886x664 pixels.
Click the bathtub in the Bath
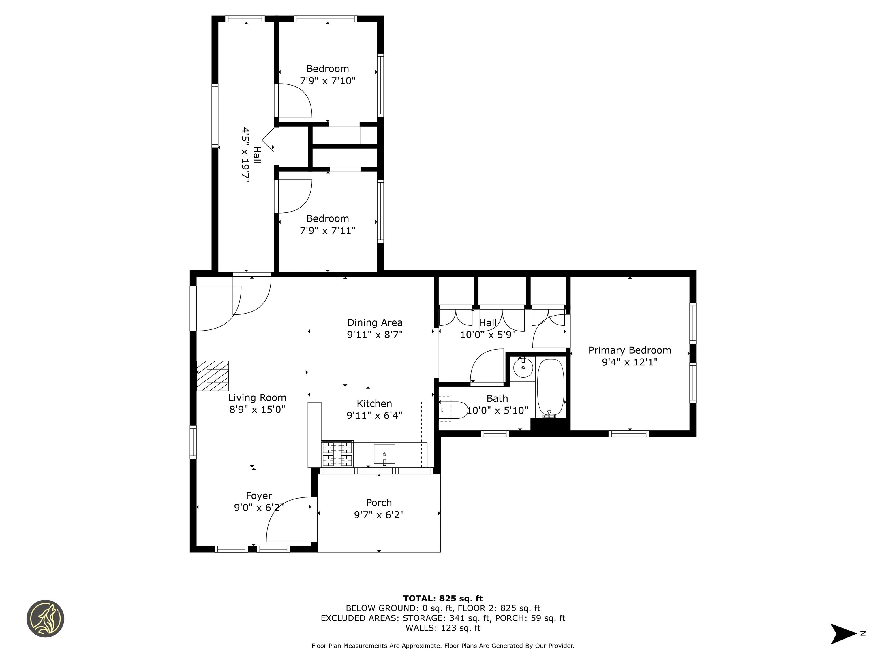click(550, 387)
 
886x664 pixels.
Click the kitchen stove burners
click(337, 453)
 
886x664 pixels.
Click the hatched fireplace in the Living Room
click(213, 376)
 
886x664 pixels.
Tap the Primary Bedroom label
click(630, 350)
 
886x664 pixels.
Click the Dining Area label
click(375, 322)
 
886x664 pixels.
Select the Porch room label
click(379, 503)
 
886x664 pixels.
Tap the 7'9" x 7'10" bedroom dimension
click(328, 81)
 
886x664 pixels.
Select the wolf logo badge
click(45, 618)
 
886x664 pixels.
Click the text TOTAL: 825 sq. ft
click(443, 598)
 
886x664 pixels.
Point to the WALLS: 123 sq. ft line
click(443, 628)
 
